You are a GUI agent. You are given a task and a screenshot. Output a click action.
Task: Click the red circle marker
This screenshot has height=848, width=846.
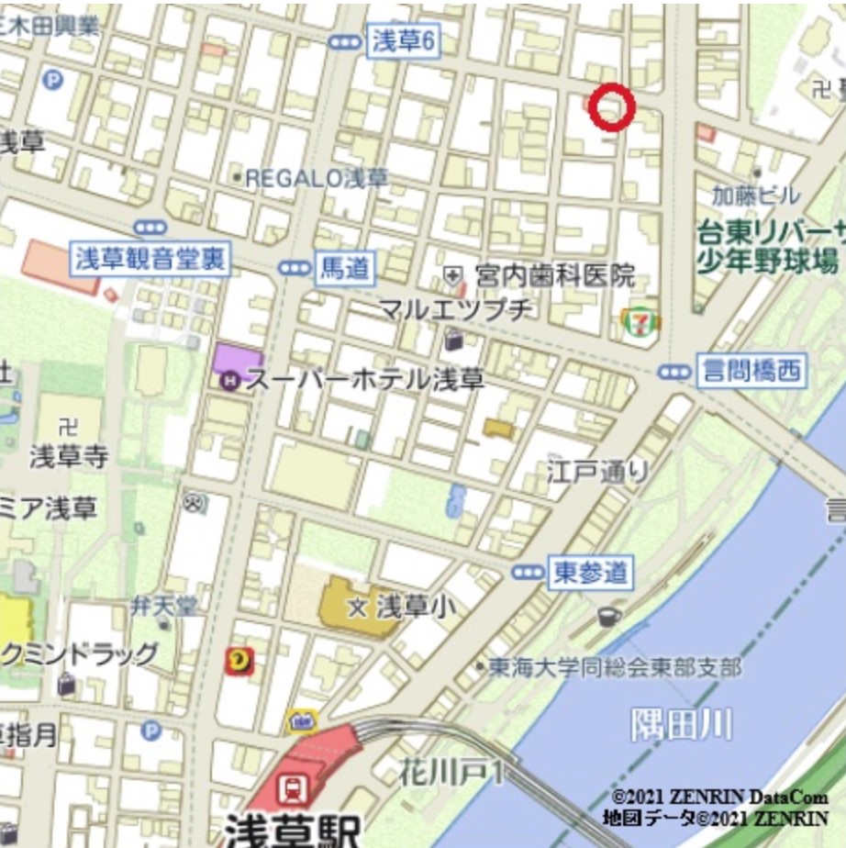point(611,106)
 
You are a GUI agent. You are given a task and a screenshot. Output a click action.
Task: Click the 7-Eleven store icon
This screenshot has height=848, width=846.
point(640,322)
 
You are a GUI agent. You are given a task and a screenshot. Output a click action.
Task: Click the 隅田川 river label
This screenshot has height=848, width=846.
point(681,724)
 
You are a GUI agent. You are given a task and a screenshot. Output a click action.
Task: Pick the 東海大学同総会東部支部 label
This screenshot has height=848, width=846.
point(615,667)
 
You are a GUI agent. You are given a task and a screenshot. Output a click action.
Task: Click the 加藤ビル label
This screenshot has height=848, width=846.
point(755,195)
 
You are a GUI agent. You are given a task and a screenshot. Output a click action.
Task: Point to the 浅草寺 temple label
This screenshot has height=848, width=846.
point(69,455)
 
